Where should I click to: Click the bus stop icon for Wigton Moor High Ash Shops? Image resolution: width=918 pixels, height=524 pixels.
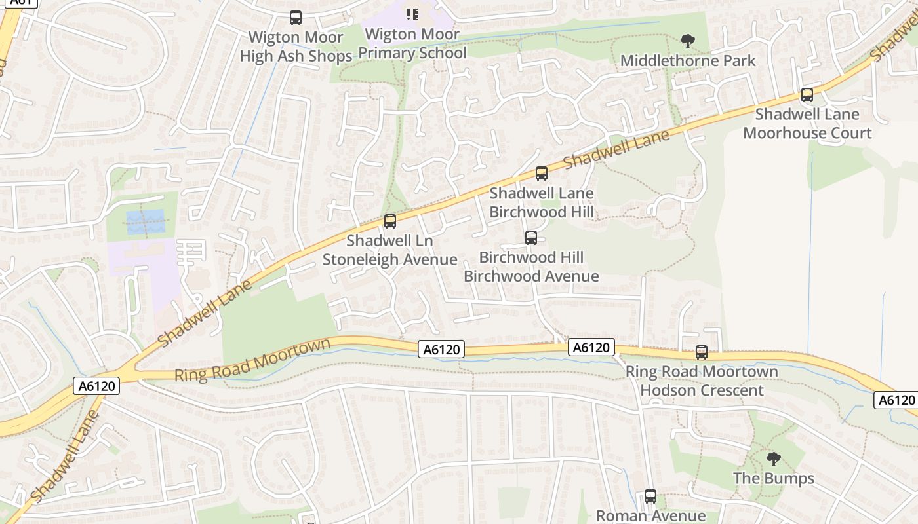(x=296, y=18)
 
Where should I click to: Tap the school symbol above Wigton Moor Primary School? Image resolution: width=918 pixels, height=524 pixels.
(x=412, y=14)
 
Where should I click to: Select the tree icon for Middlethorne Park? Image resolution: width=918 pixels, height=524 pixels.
(x=687, y=42)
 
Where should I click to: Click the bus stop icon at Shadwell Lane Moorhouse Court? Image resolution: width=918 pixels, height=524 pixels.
(x=807, y=95)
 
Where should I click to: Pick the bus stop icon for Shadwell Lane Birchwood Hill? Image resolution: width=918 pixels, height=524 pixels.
(x=542, y=174)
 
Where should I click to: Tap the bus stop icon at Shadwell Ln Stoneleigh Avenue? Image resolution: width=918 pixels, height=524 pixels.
(x=390, y=221)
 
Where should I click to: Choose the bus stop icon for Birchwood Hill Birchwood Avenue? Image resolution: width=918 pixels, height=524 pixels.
(x=531, y=238)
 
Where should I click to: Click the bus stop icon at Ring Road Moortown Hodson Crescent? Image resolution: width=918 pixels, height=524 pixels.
(x=702, y=352)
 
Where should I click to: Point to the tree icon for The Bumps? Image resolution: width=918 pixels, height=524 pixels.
(x=774, y=458)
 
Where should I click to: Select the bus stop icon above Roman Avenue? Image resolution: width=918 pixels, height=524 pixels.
(x=650, y=496)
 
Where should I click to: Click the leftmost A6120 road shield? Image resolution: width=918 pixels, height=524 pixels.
(x=97, y=386)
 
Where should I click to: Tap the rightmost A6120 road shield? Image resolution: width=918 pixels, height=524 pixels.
(x=896, y=400)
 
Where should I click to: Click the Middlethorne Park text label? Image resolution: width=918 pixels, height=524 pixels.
(x=688, y=61)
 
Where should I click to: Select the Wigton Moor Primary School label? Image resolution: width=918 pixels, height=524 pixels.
(x=412, y=44)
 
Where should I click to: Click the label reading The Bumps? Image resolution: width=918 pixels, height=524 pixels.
(x=774, y=478)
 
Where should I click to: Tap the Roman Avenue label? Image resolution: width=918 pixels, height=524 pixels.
(x=650, y=516)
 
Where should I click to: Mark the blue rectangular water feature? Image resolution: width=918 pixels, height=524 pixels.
(x=146, y=221)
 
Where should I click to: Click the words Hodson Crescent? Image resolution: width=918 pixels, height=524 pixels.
(x=702, y=390)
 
